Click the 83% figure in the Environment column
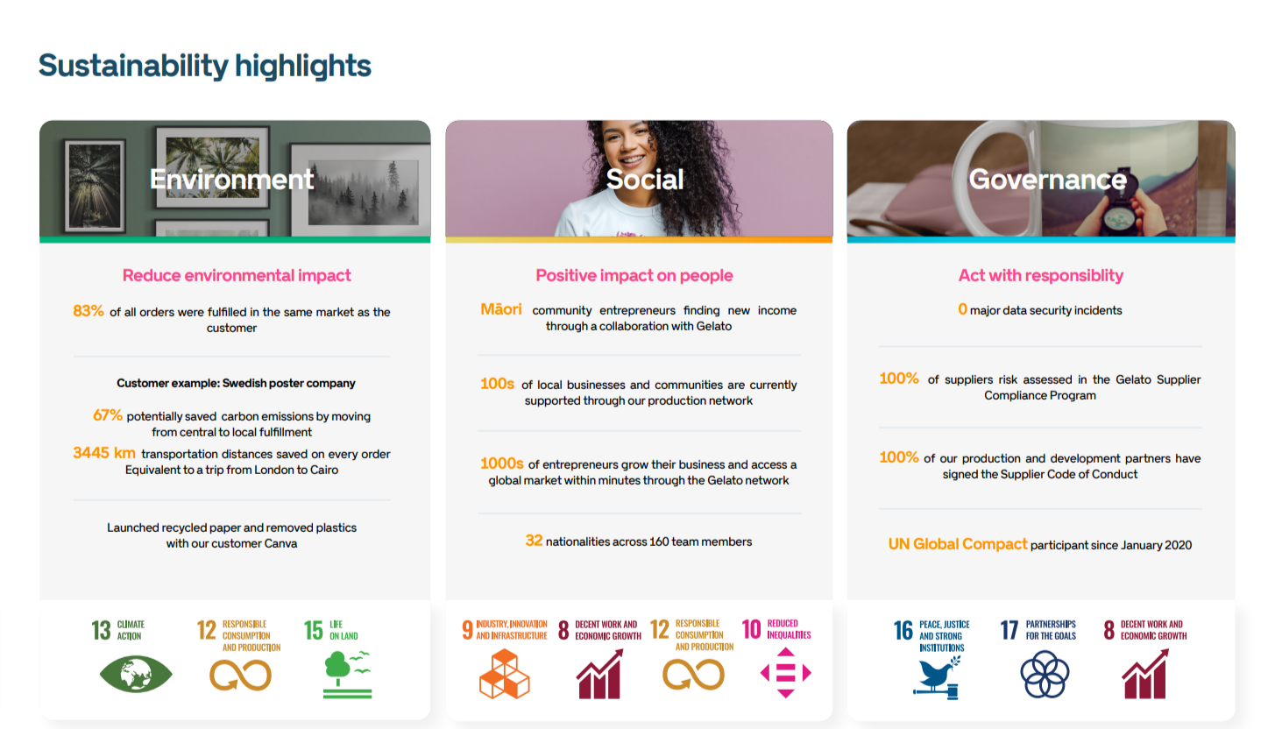(x=89, y=311)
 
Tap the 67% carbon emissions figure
(x=108, y=415)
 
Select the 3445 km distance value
(x=104, y=453)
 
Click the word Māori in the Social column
(x=501, y=309)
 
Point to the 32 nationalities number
(x=534, y=541)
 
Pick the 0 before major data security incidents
(x=962, y=309)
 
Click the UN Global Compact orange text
(x=958, y=544)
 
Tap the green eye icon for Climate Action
(x=136, y=674)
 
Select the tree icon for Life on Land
(x=347, y=675)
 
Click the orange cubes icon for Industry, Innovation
(x=505, y=675)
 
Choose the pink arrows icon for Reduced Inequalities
(x=785, y=673)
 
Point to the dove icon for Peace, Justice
(x=937, y=677)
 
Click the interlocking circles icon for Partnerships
(x=1045, y=675)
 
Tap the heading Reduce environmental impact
(x=237, y=275)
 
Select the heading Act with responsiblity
(x=1040, y=275)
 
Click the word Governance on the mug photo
(x=1047, y=180)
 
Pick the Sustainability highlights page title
(x=205, y=66)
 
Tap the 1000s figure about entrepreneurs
(x=501, y=464)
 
